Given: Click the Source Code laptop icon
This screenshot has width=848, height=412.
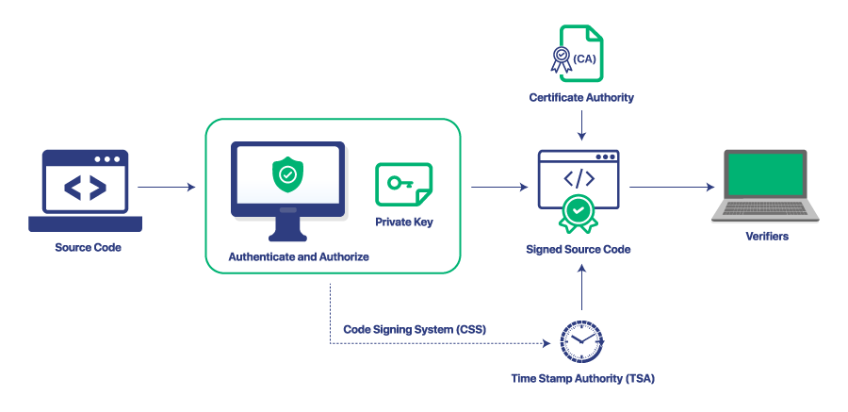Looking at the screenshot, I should tap(85, 190).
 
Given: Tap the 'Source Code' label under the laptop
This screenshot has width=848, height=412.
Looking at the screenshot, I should tap(88, 248).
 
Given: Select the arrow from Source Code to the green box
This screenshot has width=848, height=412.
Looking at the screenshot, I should tap(166, 188).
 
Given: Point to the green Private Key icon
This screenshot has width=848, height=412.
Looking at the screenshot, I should tap(403, 185).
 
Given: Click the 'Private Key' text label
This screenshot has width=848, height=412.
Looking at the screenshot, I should tap(403, 222).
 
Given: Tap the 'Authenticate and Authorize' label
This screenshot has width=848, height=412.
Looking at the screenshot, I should tap(299, 256).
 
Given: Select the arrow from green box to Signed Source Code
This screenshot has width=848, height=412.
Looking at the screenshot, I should tap(498, 188).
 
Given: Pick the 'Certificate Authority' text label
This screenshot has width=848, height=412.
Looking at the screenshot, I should tap(581, 98).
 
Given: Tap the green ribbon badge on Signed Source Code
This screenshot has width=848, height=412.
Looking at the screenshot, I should tap(578, 212).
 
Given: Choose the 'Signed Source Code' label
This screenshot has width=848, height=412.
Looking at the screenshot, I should tap(578, 250).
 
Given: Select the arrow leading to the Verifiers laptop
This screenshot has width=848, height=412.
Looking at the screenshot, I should tap(672, 188).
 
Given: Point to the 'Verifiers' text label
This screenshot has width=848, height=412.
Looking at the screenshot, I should tap(764, 237).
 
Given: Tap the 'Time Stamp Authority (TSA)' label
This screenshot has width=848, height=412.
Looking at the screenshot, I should tap(582, 379).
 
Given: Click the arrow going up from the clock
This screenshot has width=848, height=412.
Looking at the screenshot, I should tap(582, 288).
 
